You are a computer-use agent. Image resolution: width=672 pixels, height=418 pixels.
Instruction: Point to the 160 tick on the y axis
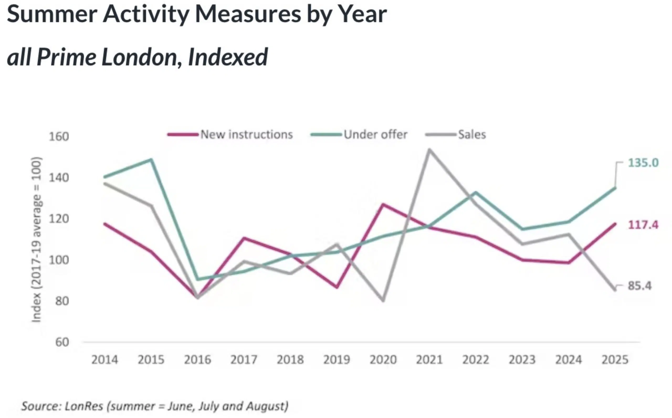[59, 136]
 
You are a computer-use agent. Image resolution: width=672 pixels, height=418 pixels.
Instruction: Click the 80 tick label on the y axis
[62, 301]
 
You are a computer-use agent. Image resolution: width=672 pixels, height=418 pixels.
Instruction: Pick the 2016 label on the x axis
[197, 360]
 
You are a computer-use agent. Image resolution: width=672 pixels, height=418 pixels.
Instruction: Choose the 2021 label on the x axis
[429, 360]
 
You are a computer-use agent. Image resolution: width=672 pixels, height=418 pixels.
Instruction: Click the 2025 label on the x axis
[615, 360]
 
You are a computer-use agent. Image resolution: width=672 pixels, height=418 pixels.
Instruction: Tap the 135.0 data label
[643, 163]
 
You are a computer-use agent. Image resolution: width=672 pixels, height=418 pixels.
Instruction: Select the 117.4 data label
[643, 225]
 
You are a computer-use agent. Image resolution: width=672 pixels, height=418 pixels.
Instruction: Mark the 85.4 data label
[640, 285]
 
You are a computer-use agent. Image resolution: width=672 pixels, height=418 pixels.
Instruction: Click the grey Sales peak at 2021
[429, 150]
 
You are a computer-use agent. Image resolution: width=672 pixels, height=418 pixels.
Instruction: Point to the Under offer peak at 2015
[151, 160]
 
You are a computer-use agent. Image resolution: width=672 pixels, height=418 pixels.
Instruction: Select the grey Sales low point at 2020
[383, 300]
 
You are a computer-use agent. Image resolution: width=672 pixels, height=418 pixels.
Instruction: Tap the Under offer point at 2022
[476, 192]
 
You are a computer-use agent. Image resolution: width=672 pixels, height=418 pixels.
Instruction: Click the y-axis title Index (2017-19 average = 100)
[36, 239]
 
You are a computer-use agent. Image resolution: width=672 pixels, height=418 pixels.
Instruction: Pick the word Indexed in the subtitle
[228, 57]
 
